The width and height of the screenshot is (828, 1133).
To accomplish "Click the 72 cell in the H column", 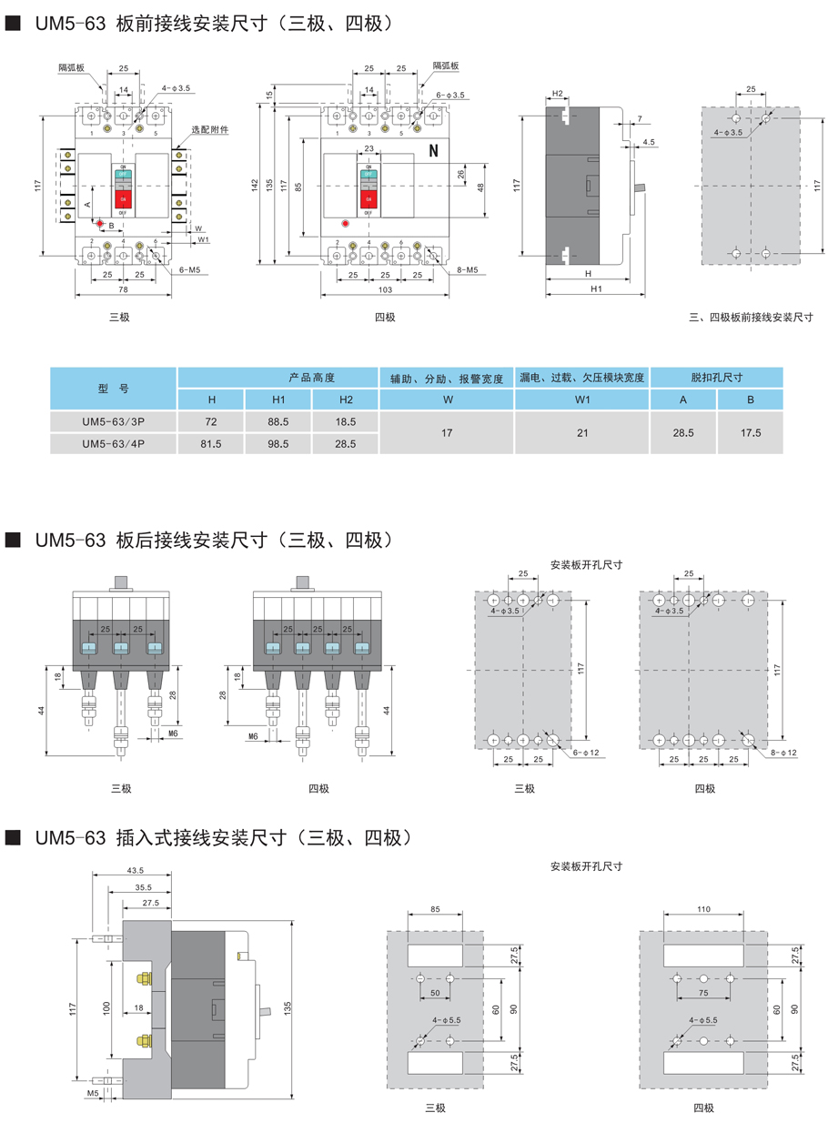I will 211,422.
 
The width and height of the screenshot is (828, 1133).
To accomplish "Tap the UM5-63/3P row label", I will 113,422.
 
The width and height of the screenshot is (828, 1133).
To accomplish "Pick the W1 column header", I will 582,400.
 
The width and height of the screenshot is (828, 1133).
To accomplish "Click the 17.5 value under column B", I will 751,433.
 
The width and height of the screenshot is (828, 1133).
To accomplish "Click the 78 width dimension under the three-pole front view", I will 123,289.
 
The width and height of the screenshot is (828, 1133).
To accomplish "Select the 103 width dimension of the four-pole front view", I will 384,289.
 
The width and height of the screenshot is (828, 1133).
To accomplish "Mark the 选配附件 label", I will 209,130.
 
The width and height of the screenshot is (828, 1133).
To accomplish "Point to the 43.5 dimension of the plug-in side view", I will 136,872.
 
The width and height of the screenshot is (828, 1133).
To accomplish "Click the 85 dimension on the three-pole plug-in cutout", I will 434,909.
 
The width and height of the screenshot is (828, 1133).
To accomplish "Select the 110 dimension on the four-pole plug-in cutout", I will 702,909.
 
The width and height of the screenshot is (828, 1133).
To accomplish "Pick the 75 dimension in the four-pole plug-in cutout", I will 702,993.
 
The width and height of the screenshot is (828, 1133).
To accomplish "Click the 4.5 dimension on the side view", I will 649,142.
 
